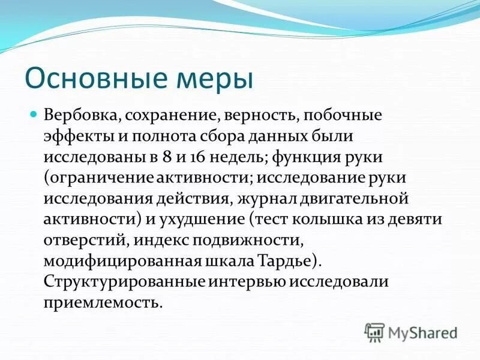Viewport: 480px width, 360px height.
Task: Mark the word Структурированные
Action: [125, 282]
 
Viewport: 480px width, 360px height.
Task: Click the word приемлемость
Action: [102, 303]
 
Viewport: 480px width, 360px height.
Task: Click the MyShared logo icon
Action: [374, 332]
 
